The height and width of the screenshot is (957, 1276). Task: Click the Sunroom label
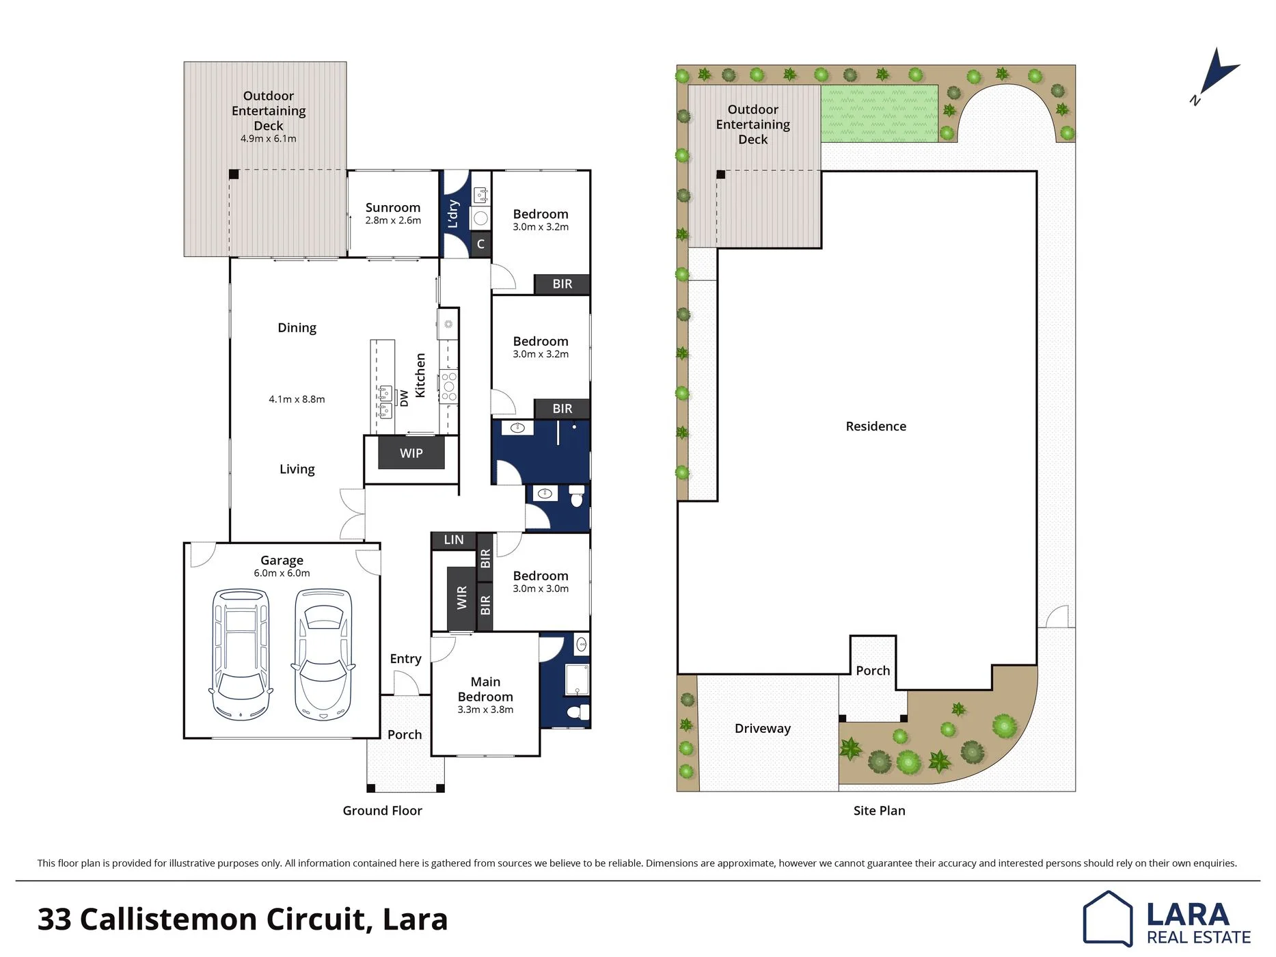click(x=393, y=208)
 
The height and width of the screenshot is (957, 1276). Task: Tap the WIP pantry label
click(x=411, y=453)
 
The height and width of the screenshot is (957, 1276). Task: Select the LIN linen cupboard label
click(x=454, y=540)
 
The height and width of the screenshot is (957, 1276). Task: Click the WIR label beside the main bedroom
click(x=462, y=597)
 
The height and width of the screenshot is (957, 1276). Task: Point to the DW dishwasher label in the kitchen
click(x=404, y=398)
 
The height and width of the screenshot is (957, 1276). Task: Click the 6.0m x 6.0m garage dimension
click(x=282, y=574)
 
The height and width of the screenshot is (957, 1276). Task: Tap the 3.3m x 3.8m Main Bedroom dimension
click(x=485, y=710)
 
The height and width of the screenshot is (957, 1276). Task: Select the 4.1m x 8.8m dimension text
click(x=297, y=399)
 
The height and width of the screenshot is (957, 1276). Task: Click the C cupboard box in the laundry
click(x=481, y=244)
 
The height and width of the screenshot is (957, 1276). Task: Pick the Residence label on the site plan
click(x=876, y=427)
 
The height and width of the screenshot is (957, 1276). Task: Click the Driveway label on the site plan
click(x=763, y=729)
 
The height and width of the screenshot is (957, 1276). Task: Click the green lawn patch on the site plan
click(x=880, y=113)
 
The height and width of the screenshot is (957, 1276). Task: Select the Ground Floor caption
click(x=383, y=811)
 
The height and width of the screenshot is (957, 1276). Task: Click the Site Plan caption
click(x=880, y=811)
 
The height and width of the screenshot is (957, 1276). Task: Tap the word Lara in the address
click(x=415, y=919)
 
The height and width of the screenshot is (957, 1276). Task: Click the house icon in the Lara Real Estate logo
click(x=1108, y=918)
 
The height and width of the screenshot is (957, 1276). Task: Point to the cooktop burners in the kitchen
click(x=449, y=387)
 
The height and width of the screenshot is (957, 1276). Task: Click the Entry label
click(x=405, y=659)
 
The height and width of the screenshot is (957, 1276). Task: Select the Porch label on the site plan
click(x=873, y=671)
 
